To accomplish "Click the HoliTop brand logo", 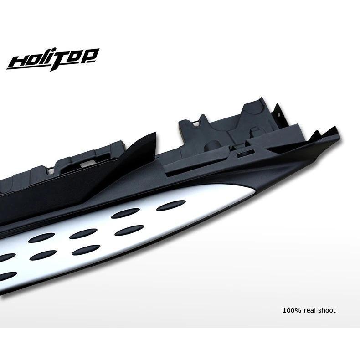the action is (x=53, y=59).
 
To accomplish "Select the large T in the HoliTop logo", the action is (x=60, y=60).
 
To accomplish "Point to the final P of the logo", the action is (x=91, y=56).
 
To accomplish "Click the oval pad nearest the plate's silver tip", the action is (x=171, y=205).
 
